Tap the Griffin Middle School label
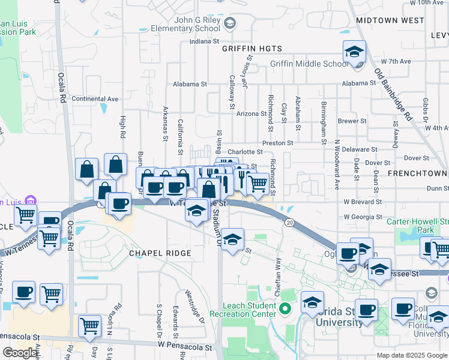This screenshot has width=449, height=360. pos(309,64)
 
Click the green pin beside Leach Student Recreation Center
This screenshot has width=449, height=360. pos(285,310)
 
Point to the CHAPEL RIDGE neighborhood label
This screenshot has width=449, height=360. pos(160,253)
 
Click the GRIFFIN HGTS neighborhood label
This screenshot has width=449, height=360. pos(252,49)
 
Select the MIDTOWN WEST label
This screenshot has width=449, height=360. pos(390,20)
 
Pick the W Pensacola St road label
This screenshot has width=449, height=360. pos(185,347)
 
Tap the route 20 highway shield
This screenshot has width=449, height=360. pos(290,223)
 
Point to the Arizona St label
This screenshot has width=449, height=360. pos(251,113)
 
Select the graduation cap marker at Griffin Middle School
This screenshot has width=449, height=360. pos(354,52)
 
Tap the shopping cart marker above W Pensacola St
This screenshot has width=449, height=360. pos(89,325)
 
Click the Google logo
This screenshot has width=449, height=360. pos(20,353)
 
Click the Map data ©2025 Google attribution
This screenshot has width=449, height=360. pos(411,355)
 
